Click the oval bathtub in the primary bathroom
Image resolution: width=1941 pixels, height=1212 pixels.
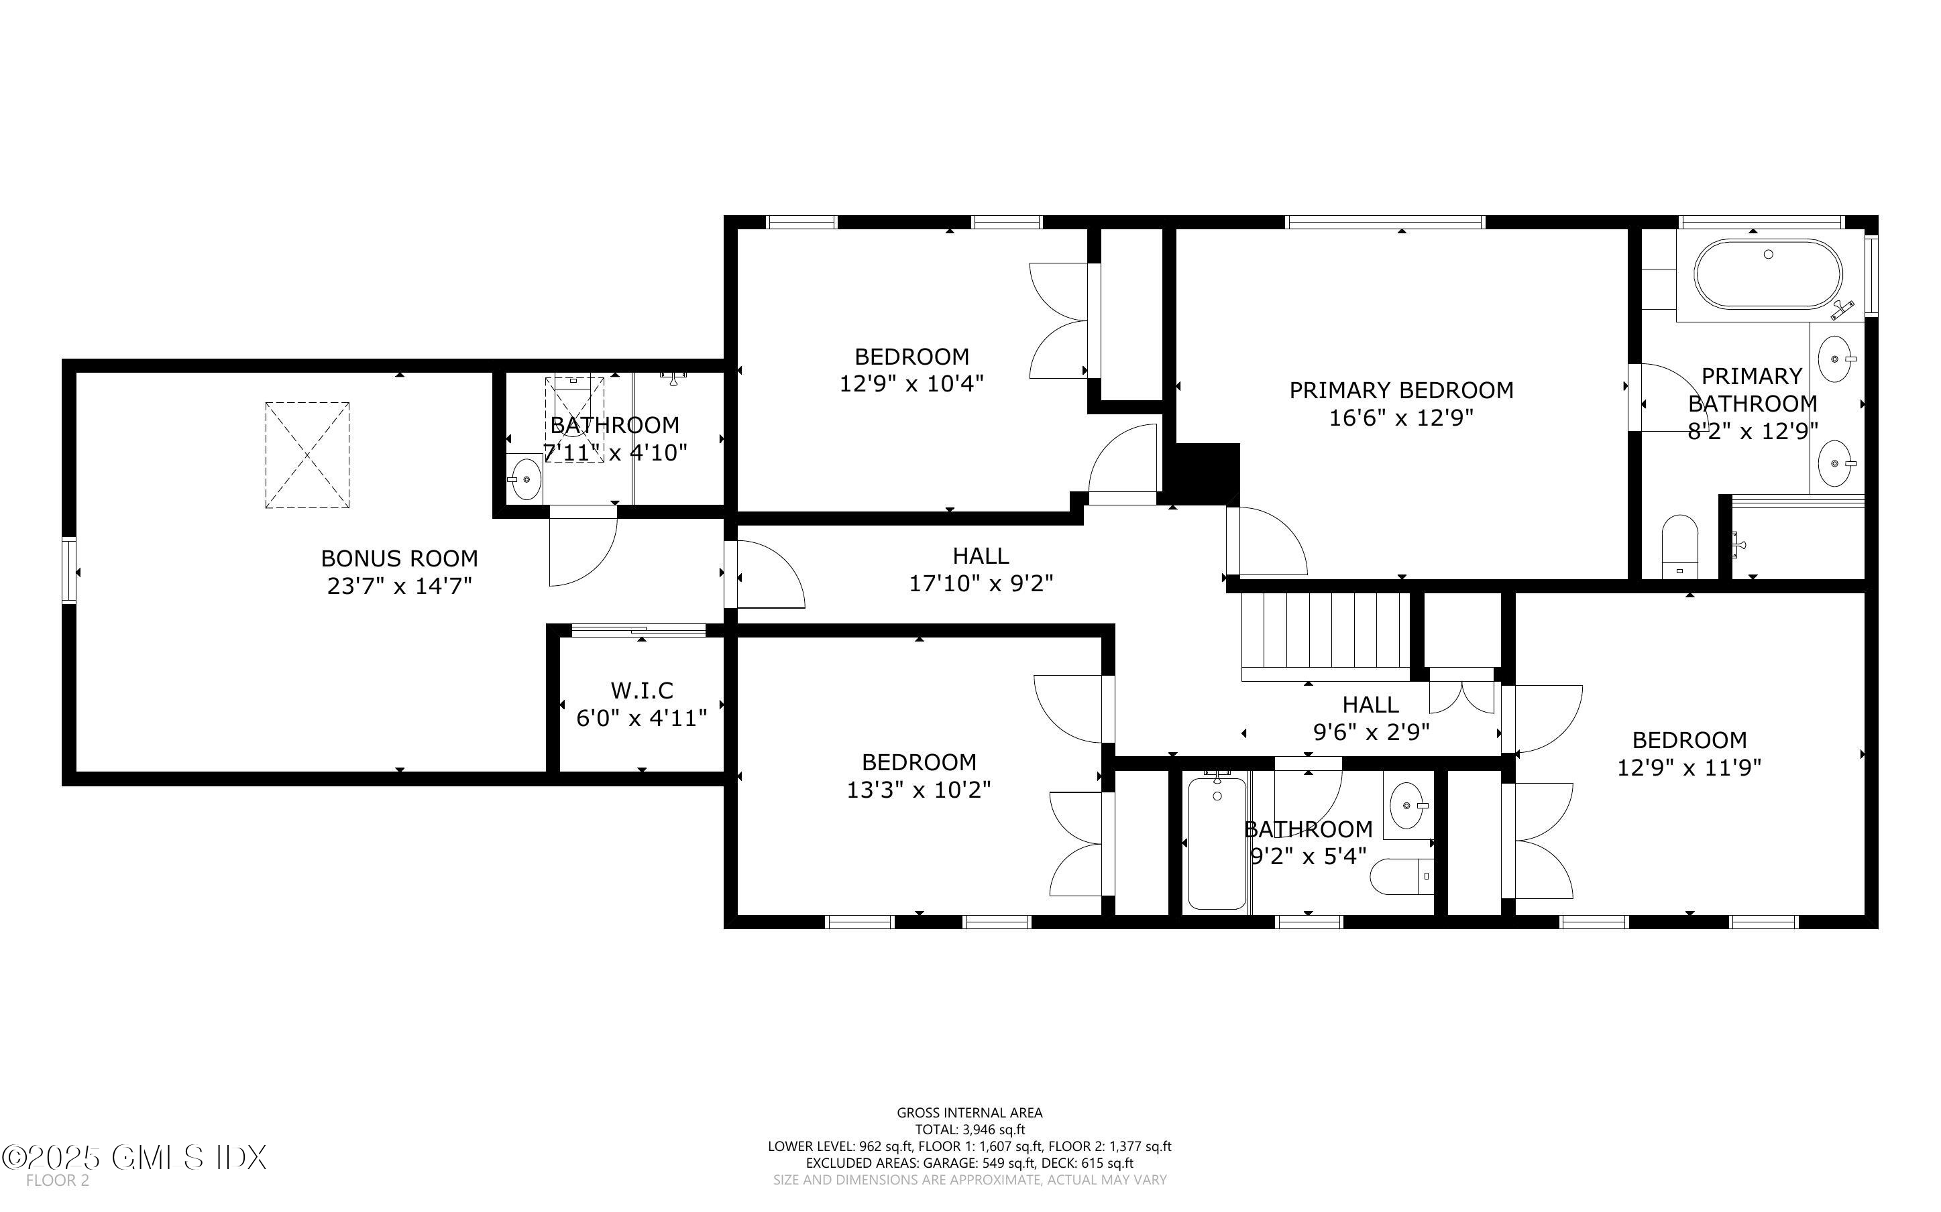(x=1768, y=274)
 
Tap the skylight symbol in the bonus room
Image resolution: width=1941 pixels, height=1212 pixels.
(x=307, y=454)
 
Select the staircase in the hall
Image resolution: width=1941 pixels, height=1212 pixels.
(x=1325, y=636)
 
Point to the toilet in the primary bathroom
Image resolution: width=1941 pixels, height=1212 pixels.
(x=1679, y=547)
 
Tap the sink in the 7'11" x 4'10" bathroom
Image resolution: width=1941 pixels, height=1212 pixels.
(x=526, y=479)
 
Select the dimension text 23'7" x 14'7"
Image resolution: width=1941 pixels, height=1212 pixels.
(x=399, y=586)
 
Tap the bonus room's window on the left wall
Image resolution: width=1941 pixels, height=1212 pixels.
(x=70, y=570)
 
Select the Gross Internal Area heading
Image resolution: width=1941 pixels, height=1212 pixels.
(x=969, y=1113)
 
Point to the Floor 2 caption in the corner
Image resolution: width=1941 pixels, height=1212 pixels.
(x=58, y=1180)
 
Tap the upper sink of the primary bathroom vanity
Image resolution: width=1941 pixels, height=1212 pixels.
(x=1834, y=360)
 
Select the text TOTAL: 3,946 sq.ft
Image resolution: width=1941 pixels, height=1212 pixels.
(x=969, y=1130)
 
